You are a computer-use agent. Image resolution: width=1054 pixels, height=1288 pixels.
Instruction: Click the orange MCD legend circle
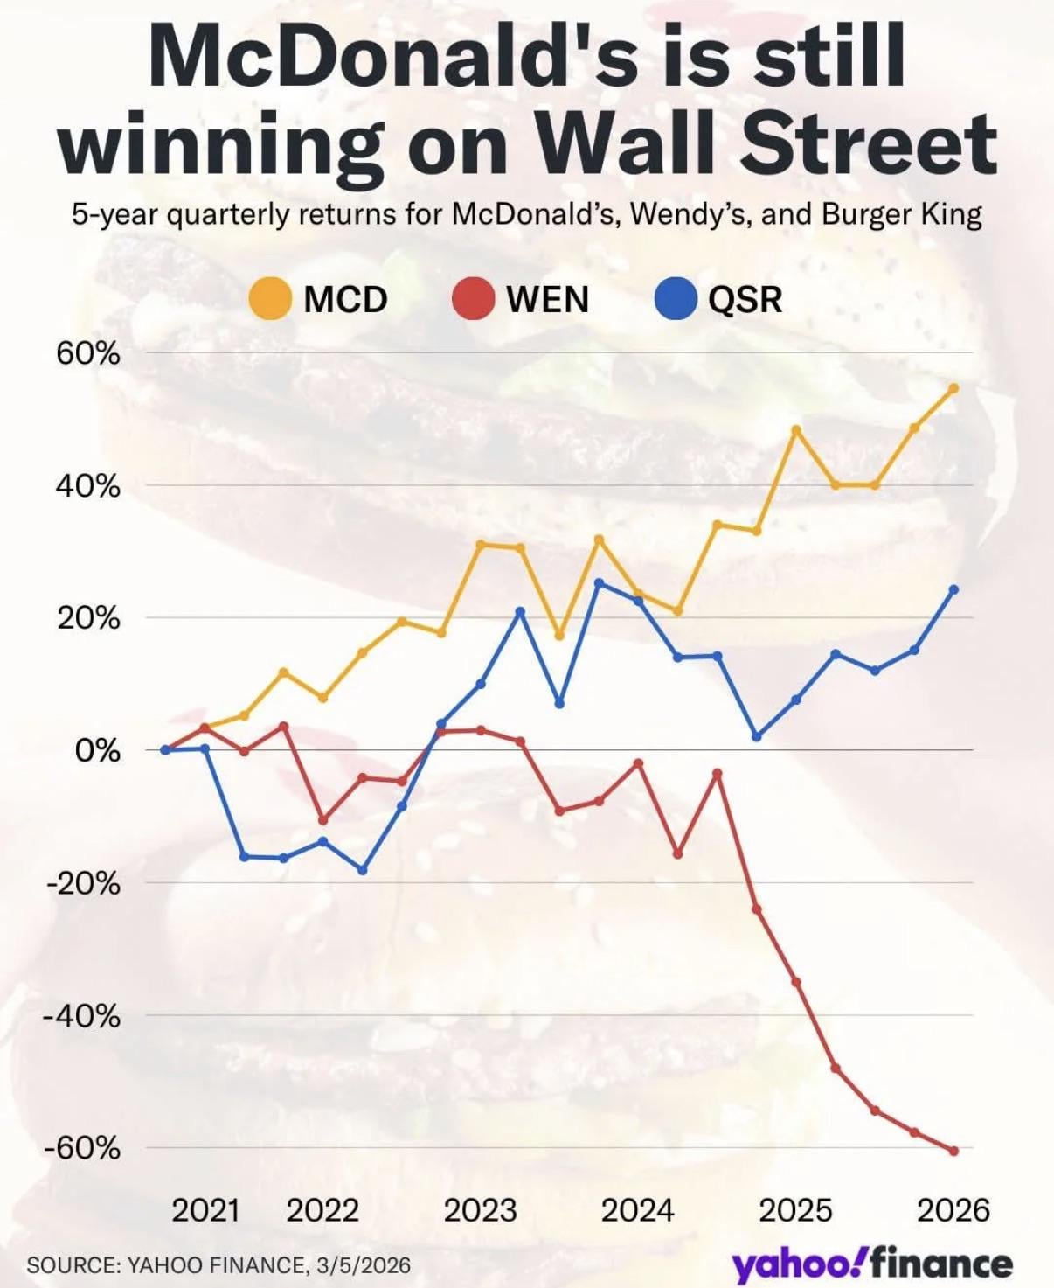[270, 299]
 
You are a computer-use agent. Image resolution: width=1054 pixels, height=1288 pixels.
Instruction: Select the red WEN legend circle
[473, 299]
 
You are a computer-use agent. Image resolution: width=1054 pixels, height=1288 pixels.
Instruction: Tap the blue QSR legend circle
[676, 299]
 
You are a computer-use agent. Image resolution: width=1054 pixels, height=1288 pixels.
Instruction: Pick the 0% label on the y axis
[97, 750]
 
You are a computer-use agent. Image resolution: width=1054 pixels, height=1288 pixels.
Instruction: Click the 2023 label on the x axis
[480, 1210]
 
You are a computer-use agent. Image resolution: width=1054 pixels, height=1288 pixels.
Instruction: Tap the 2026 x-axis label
[953, 1210]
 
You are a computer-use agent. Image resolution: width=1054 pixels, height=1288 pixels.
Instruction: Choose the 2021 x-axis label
[205, 1210]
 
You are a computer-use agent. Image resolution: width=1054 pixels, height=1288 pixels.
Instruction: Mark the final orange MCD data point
[953, 388]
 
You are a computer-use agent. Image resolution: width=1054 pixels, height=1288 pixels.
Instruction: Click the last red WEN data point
[953, 1151]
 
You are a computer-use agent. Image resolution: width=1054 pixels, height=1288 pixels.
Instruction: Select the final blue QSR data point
[953, 589]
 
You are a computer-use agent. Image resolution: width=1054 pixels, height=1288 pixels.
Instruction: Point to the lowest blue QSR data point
[363, 870]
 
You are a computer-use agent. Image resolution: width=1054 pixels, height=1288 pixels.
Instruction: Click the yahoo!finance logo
[872, 1264]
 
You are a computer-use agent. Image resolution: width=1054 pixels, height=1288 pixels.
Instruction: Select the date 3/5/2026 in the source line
[364, 1264]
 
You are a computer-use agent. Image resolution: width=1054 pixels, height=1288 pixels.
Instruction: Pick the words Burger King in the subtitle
[902, 214]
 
